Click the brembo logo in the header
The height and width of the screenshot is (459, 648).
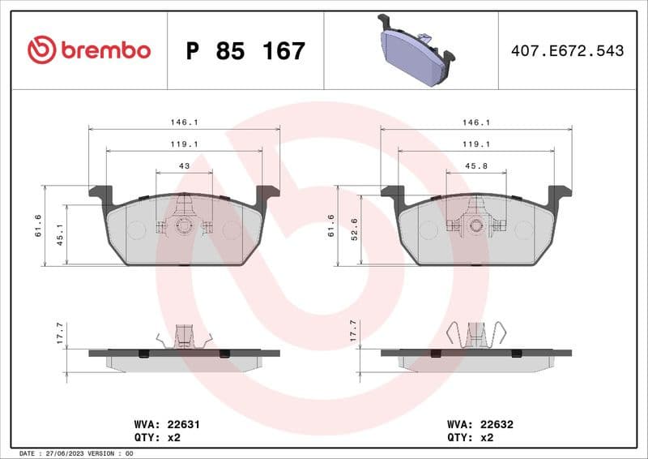coord(88,50)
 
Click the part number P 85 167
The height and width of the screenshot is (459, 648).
coord(245,51)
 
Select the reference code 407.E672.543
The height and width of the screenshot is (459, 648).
coord(567,51)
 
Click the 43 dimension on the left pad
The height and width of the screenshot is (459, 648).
coord(184,165)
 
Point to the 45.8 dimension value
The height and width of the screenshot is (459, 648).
coord(475,165)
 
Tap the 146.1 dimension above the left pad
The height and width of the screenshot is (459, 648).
coord(184,122)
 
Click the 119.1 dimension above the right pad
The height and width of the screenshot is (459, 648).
coord(475,144)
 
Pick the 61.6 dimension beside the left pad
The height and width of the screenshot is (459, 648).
coord(37,225)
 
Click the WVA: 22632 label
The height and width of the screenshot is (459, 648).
coord(480,424)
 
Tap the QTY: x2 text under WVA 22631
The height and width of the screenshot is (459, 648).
coord(155,436)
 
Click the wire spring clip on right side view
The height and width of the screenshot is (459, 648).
coord(476,334)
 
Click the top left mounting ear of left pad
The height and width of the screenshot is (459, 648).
coord(101,194)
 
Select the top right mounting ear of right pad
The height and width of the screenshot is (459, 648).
coord(559,194)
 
